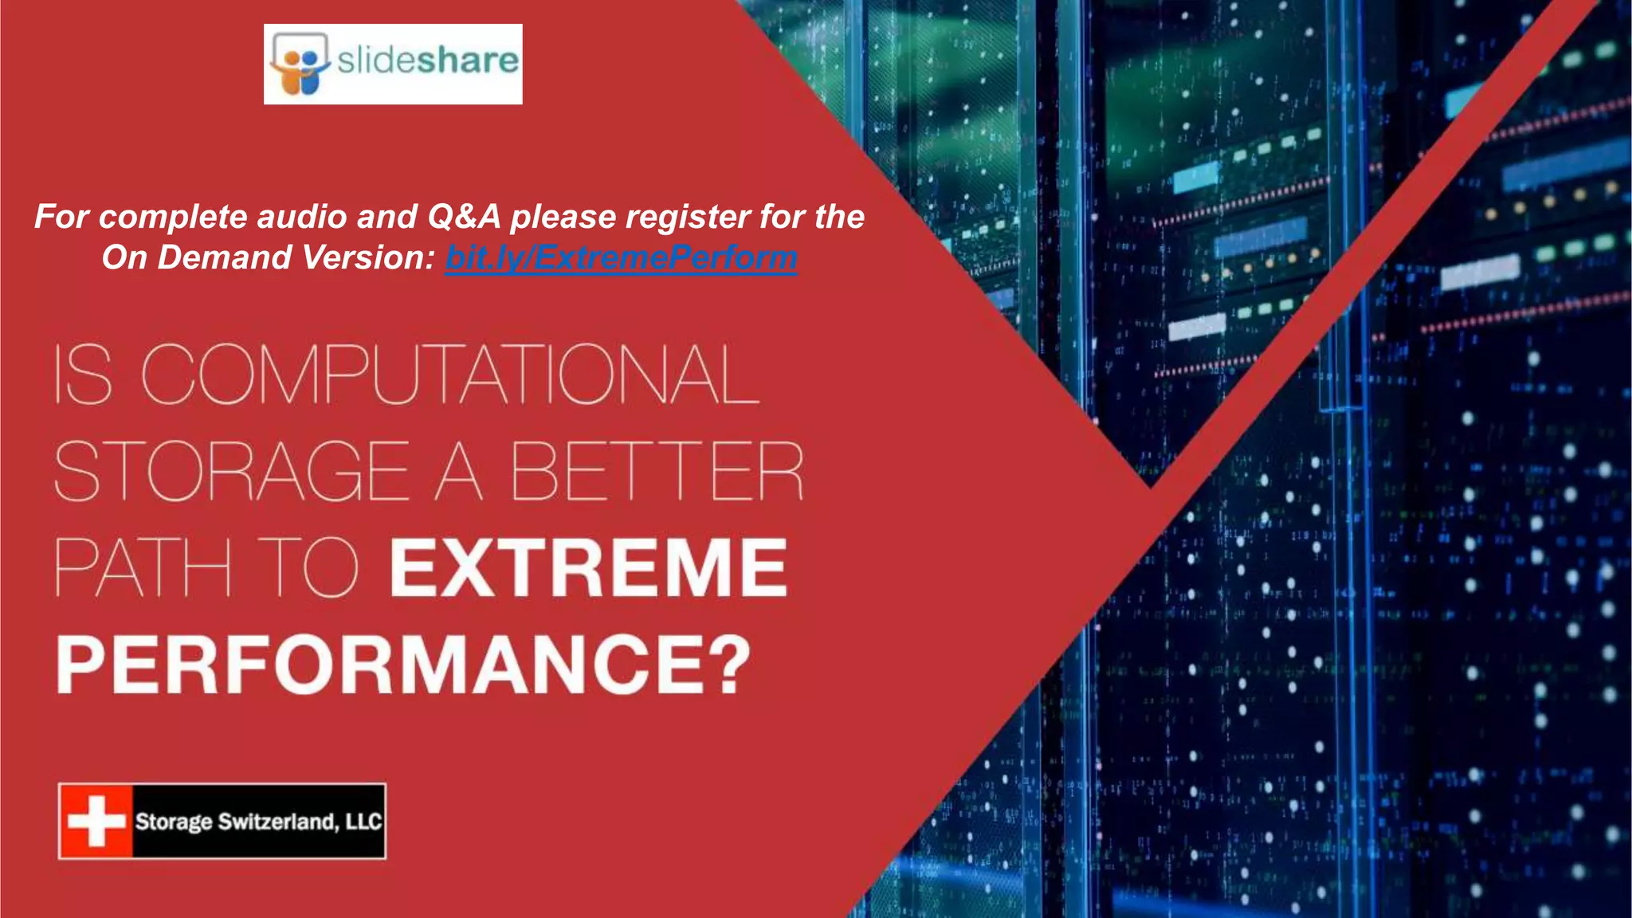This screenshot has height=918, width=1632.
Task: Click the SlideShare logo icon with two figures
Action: [x=299, y=64]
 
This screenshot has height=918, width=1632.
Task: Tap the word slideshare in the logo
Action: [x=427, y=61]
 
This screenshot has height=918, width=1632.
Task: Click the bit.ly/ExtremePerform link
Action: [x=621, y=257]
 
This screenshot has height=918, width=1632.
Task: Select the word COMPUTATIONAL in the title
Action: [x=450, y=375]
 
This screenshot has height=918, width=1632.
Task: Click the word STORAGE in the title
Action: [x=232, y=472]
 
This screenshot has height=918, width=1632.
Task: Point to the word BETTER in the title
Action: [x=657, y=472]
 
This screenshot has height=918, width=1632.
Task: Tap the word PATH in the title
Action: [x=143, y=567]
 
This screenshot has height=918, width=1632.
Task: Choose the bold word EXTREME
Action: [x=588, y=567]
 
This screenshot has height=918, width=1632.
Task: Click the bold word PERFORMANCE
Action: [x=381, y=665]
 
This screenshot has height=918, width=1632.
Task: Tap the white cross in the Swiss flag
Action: [x=96, y=821]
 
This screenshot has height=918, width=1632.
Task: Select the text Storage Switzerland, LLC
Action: [x=258, y=822]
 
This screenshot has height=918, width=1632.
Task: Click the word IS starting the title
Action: [x=83, y=375]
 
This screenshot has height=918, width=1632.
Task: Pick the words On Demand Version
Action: [x=268, y=257]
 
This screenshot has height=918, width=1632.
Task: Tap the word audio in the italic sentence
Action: [x=306, y=217]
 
